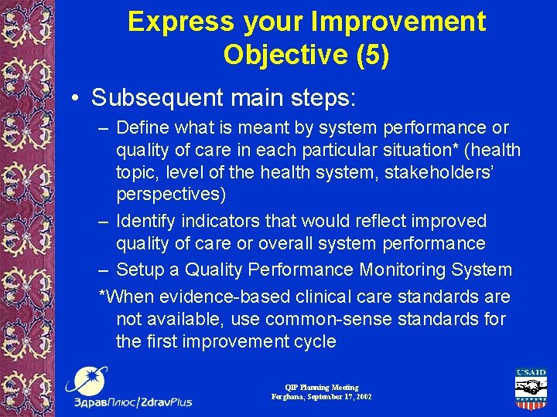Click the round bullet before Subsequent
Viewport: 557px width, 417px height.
click(x=78, y=98)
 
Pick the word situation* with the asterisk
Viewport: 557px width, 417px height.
click(x=421, y=150)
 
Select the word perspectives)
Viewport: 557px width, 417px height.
click(x=169, y=195)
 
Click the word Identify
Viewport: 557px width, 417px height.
click(x=147, y=221)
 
